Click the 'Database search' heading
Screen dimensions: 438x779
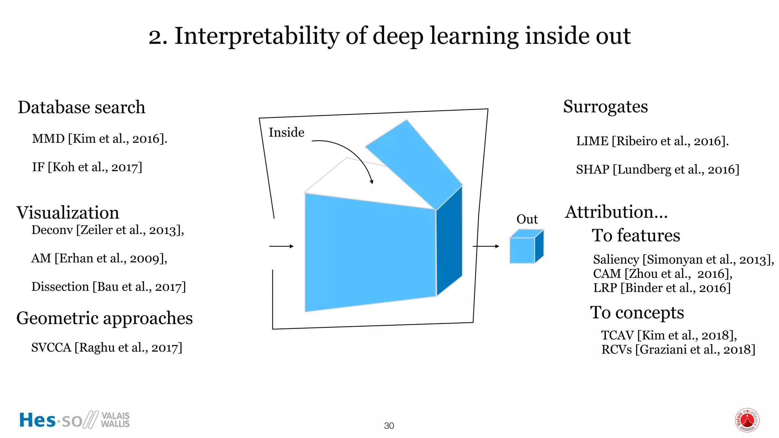click(81, 108)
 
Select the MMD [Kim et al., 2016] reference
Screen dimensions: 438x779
click(100, 139)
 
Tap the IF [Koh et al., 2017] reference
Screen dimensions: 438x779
click(87, 167)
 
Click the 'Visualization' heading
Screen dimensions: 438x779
click(68, 213)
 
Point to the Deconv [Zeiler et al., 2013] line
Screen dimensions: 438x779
click(108, 230)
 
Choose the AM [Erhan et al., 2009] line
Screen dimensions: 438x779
click(99, 259)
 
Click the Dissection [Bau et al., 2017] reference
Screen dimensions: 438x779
click(108, 287)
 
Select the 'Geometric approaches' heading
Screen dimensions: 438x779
click(105, 318)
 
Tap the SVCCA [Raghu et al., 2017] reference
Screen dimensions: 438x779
click(107, 348)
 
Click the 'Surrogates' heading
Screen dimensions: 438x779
click(605, 107)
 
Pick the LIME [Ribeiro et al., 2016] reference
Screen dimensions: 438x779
click(652, 141)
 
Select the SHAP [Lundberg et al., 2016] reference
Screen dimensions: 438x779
click(657, 170)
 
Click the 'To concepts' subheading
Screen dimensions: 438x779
click(637, 313)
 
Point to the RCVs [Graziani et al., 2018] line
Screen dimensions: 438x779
click(678, 349)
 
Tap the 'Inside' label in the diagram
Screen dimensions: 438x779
click(286, 133)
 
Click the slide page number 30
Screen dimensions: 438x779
click(389, 426)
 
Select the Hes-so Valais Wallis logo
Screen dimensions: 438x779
click(75, 420)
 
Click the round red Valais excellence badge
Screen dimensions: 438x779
click(747, 420)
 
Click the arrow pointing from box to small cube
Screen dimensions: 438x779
click(486, 246)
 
